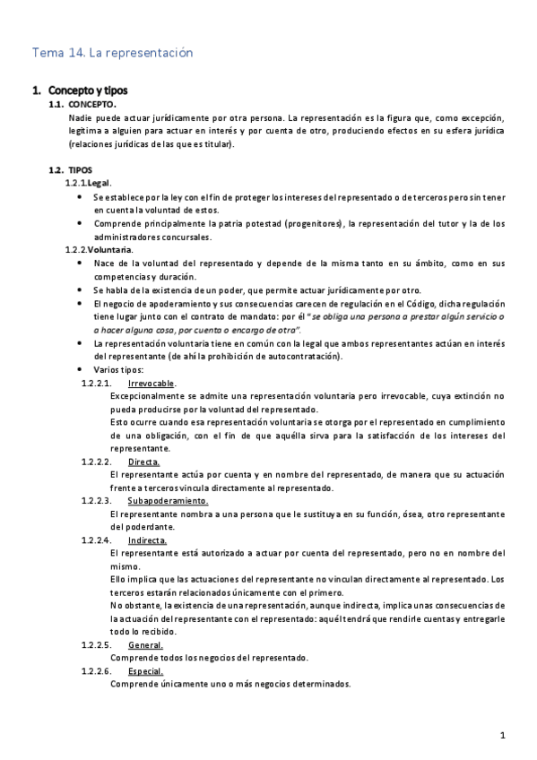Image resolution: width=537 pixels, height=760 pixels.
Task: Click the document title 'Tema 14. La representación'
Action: click(x=112, y=54)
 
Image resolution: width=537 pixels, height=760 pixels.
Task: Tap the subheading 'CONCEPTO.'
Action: click(x=92, y=105)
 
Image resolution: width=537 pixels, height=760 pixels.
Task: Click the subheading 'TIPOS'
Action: click(x=80, y=169)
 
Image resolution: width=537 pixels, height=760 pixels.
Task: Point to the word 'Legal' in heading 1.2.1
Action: click(x=99, y=183)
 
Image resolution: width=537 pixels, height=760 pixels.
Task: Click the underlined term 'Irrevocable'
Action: click(x=151, y=383)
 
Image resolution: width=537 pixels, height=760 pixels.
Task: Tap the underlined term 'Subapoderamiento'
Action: click(x=168, y=501)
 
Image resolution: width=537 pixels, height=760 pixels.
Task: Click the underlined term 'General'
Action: click(x=145, y=645)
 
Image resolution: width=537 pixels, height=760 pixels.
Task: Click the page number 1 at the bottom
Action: click(x=504, y=736)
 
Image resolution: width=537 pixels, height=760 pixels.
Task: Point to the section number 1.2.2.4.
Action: click(x=96, y=540)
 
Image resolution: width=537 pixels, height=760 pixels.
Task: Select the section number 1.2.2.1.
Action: click(x=96, y=383)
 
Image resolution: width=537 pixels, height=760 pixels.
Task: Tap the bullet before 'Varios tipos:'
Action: click(x=83, y=369)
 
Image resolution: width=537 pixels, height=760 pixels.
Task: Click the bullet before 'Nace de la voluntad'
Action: click(x=83, y=263)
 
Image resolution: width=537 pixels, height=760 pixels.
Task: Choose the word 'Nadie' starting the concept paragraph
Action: click(x=80, y=117)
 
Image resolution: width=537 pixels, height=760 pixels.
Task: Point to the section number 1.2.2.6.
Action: click(x=96, y=671)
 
